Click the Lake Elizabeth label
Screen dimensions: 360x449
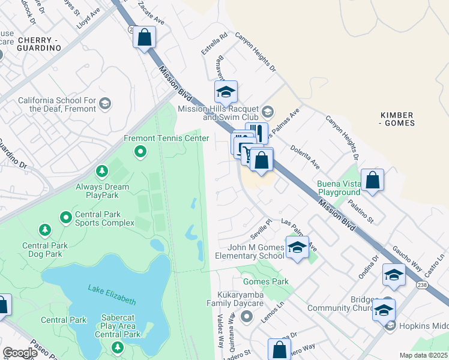[x=112, y=295]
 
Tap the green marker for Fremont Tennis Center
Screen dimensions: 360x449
[x=140, y=152]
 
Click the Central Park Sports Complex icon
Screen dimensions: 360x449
[x=65, y=216]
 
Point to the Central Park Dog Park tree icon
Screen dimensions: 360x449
[x=44, y=230]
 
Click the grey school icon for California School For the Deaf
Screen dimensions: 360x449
[x=105, y=104]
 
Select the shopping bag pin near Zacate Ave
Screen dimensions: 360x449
[x=144, y=37]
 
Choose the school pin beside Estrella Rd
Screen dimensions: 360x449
[x=226, y=92]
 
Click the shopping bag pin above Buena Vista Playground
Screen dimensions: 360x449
[x=372, y=179]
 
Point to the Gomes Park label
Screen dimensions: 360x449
[x=265, y=281]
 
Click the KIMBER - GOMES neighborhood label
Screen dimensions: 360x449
[x=398, y=119]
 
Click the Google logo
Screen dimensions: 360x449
[x=20, y=353]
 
